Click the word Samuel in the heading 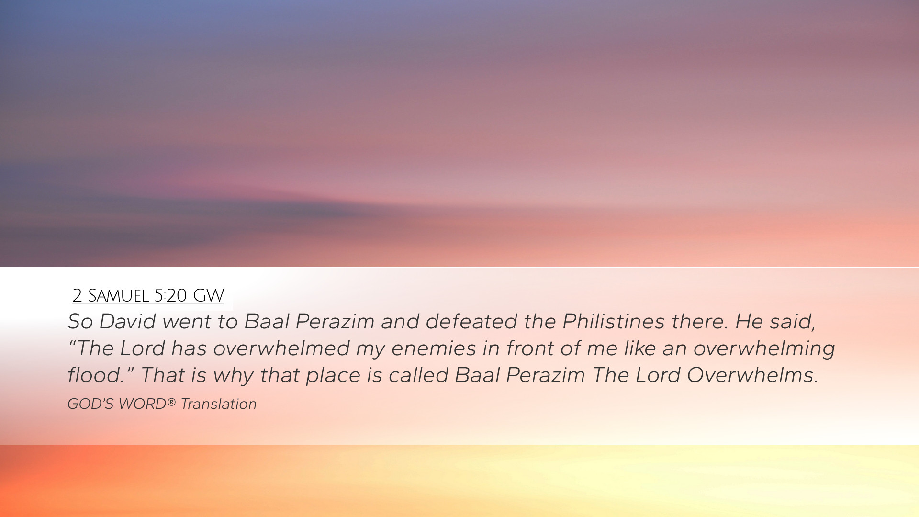[118, 296]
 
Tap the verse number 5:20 [170, 296]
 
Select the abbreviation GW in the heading [208, 296]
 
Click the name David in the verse [127, 321]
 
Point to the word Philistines [614, 321]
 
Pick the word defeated [471, 321]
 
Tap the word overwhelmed [281, 348]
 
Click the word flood [96, 375]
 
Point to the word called [418, 375]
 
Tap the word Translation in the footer [218, 404]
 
